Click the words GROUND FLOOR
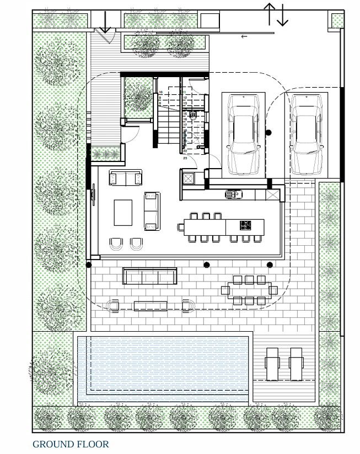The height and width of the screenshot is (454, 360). coord(71,444)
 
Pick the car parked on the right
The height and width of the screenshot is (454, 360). coord(307,133)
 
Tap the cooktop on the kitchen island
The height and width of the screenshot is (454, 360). coord(245,225)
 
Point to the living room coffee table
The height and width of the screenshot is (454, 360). coord(124,212)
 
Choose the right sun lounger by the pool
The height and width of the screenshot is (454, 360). coord(297,364)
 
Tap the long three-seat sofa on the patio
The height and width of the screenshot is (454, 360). coord(149,275)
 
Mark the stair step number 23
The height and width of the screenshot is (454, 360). coord(185,158)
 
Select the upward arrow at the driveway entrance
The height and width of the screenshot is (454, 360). coord(270,13)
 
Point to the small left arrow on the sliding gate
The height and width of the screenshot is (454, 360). coord(244,37)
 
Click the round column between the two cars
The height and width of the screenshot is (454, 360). coord(268,133)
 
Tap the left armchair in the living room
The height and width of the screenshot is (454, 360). coord(116,244)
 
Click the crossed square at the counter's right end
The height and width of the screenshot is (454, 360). coord(272,194)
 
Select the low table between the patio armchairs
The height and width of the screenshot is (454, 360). coord(149,305)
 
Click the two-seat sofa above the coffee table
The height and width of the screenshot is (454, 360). coord(126,178)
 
